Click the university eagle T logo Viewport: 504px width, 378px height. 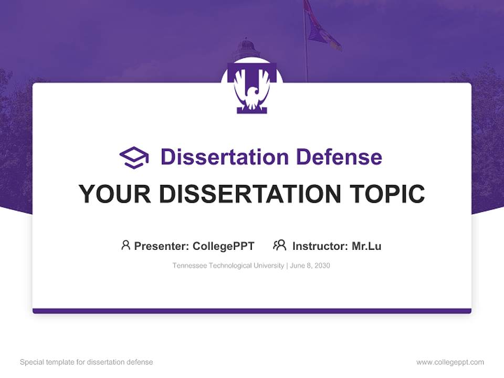pyautogui.click(x=252, y=88)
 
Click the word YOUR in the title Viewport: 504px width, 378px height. pyautogui.click(x=115, y=194)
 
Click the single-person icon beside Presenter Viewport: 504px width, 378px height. pyautogui.click(x=125, y=245)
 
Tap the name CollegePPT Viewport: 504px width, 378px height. pyautogui.click(x=224, y=246)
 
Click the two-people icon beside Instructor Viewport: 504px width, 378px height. pyautogui.click(x=279, y=245)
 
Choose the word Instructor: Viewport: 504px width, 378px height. pyautogui.click(x=320, y=246)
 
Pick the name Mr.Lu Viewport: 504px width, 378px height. pyautogui.click(x=366, y=246)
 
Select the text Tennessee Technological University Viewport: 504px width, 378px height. pyautogui.click(x=228, y=266)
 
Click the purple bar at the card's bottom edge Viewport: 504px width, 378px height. pyautogui.click(x=252, y=311)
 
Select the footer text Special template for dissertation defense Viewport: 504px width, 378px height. pyautogui.click(x=87, y=362)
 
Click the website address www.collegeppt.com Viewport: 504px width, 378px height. pyautogui.click(x=450, y=362)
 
